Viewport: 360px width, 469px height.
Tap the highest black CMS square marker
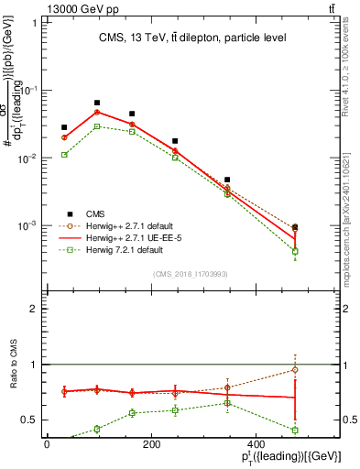click(97, 104)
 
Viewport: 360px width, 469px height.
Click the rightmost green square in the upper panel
click(295, 251)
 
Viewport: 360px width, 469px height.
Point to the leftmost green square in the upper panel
click(64, 155)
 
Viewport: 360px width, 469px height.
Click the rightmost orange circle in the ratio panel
click(295, 370)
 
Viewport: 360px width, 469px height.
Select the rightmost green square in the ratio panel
click(295, 430)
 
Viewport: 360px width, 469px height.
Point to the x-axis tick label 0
click(47, 445)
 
